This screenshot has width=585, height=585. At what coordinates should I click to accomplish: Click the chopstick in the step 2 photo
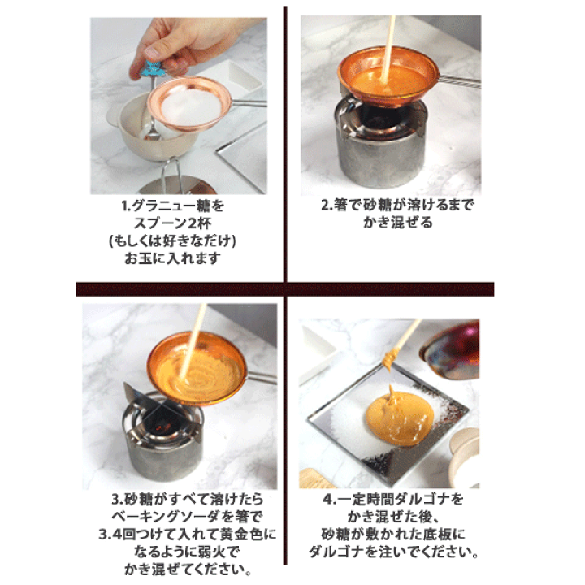coord(388,49)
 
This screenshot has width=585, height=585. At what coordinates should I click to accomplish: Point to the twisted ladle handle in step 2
coord(460,82)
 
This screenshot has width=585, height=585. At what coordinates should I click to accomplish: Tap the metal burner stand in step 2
coord(381,144)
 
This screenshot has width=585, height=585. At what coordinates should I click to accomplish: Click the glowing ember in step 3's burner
coord(161,427)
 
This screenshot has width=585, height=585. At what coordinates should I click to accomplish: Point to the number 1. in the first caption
coord(126,206)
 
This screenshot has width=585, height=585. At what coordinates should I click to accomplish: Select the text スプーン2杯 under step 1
coord(172,223)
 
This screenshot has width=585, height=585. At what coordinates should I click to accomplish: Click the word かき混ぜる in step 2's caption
coord(397,223)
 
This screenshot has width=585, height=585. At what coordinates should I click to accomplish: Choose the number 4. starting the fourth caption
coord(329,499)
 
